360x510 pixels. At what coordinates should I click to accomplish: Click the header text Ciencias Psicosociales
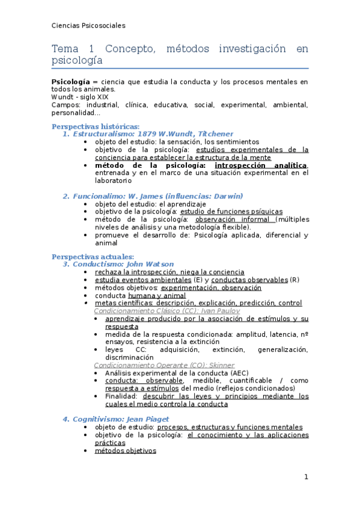click(88, 25)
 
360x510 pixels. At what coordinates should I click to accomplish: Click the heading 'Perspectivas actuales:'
click(93, 257)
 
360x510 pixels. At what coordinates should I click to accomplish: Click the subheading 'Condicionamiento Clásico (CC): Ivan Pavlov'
click(167, 311)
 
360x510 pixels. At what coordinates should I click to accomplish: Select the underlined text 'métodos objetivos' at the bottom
click(126, 450)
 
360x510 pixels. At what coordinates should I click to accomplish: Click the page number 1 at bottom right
click(306, 478)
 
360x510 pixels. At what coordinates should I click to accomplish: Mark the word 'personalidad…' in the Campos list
click(76, 112)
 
